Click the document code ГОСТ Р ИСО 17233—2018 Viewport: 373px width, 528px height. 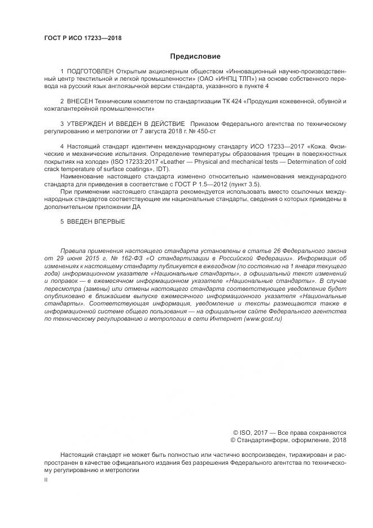pos(82,38)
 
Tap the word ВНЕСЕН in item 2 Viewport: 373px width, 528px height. pos(79,101)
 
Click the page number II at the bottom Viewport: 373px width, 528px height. pos(46,479)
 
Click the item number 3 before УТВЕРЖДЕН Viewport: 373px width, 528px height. pos(62,123)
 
